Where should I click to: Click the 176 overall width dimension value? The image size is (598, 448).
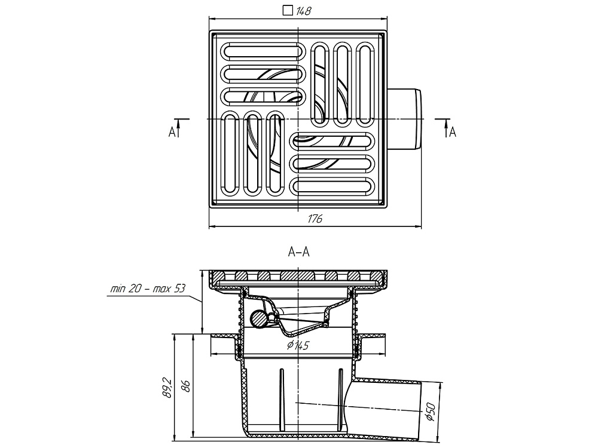[315, 219]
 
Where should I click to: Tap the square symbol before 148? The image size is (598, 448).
[288, 10]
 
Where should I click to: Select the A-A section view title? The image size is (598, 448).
[298, 252]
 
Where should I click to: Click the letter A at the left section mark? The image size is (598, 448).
[172, 132]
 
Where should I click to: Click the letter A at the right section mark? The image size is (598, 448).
[453, 132]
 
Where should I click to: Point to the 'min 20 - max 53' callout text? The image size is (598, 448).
[148, 289]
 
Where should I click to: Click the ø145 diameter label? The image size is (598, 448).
[297, 345]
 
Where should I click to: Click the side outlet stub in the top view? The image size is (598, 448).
[407, 119]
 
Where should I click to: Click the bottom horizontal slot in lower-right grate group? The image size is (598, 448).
[333, 185]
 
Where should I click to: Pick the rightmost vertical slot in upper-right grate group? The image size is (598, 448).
[366, 84]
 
